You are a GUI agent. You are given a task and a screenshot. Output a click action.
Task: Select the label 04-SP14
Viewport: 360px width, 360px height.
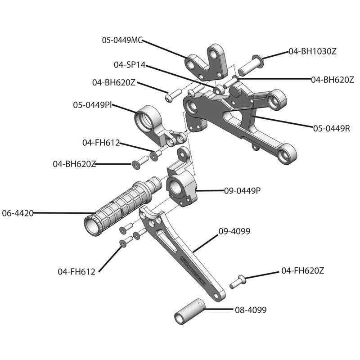tap(130, 65)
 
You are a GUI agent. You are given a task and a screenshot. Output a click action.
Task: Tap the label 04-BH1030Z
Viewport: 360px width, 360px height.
tap(312, 51)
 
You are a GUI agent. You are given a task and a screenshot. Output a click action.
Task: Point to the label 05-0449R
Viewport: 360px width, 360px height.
tap(332, 128)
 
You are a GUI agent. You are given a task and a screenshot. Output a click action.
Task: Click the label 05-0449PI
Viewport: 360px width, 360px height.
tap(93, 105)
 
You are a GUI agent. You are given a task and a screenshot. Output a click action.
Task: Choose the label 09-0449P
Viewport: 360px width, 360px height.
tap(243, 190)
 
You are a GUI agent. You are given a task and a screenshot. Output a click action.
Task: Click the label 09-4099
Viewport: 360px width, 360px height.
tap(234, 231)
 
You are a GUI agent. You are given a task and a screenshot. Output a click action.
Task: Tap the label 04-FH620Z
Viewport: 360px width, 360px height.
tap(303, 270)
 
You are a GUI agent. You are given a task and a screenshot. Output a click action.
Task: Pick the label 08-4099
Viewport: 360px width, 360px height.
tap(251, 310)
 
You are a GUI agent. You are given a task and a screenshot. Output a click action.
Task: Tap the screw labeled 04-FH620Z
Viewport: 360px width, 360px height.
tap(237, 281)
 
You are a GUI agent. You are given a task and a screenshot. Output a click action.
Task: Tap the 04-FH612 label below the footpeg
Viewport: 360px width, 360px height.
tap(76, 271)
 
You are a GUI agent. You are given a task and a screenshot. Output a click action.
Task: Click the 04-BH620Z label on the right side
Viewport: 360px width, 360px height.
tap(333, 80)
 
